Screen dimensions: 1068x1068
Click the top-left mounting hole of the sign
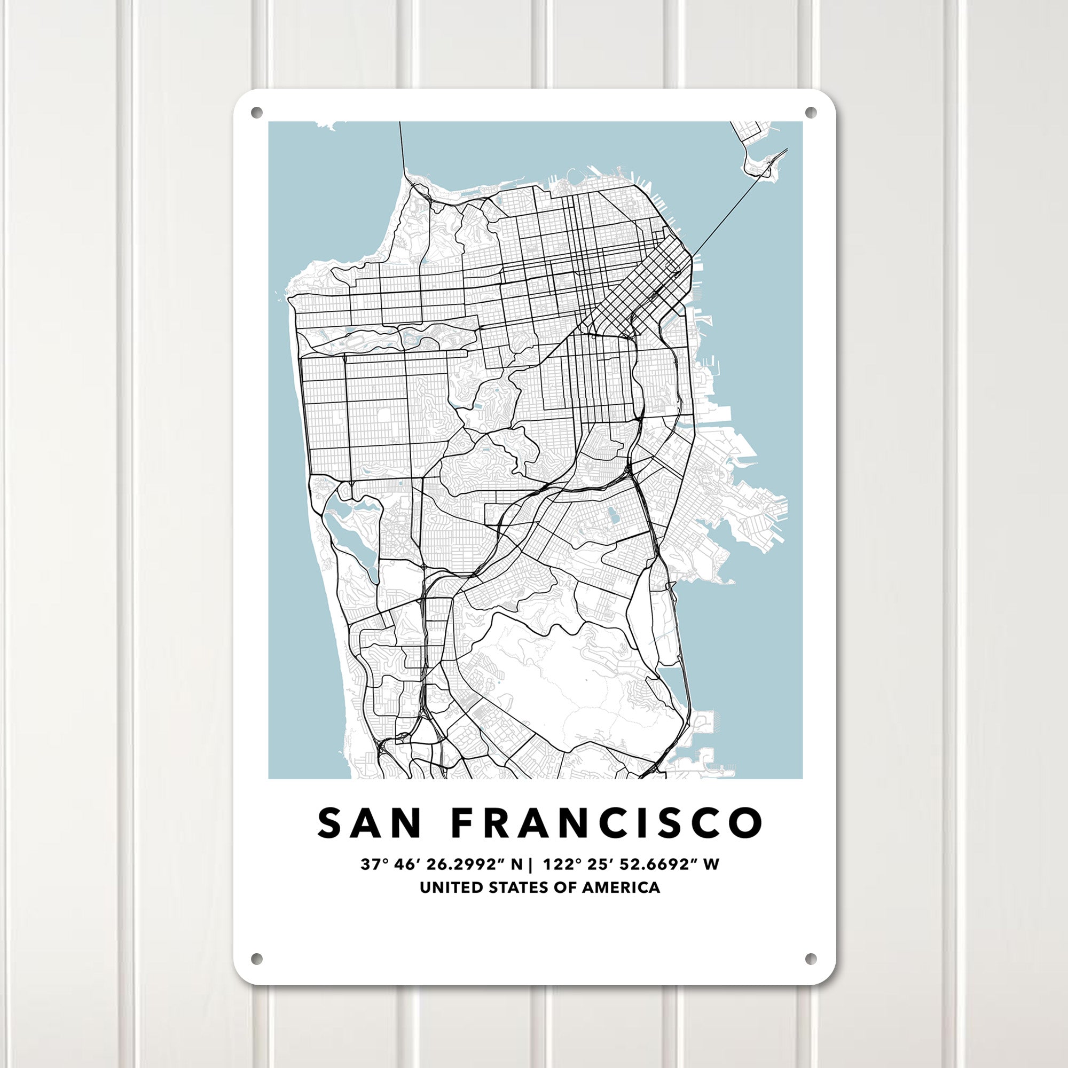(x=256, y=113)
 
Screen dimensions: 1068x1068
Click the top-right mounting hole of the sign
(x=811, y=113)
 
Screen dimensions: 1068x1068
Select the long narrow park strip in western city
(x=387, y=339)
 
